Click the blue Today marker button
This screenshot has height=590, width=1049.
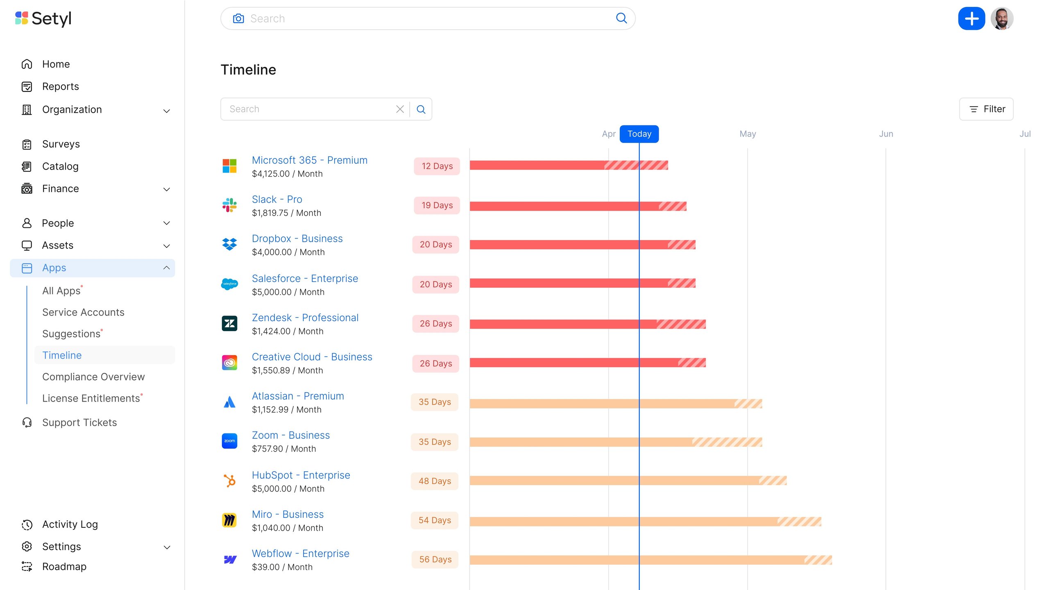[x=639, y=134]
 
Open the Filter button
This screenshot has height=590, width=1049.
[x=986, y=109]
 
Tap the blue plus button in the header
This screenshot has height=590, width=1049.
[x=971, y=18]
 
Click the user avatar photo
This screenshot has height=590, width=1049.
[x=1001, y=18]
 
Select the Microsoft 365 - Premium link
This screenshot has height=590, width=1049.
[x=309, y=160]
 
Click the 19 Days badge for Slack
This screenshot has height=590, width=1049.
[x=437, y=205]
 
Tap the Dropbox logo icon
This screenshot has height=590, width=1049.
[x=229, y=244]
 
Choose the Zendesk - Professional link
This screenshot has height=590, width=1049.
[x=305, y=318]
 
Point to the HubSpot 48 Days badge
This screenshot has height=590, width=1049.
[x=435, y=481]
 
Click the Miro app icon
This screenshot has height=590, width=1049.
[x=229, y=520]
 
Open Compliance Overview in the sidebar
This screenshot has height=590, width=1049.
[x=93, y=377]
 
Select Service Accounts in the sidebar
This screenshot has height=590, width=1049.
[x=83, y=312]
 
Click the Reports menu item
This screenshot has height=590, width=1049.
[x=60, y=86]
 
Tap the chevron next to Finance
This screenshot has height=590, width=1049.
[x=166, y=189]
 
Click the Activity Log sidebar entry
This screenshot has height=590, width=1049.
[x=70, y=524]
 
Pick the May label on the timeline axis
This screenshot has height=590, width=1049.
[x=748, y=134]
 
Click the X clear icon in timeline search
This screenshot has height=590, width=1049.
[x=400, y=109]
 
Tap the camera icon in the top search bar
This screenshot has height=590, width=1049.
[x=238, y=18]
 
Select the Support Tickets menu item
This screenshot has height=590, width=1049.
[x=79, y=422]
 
